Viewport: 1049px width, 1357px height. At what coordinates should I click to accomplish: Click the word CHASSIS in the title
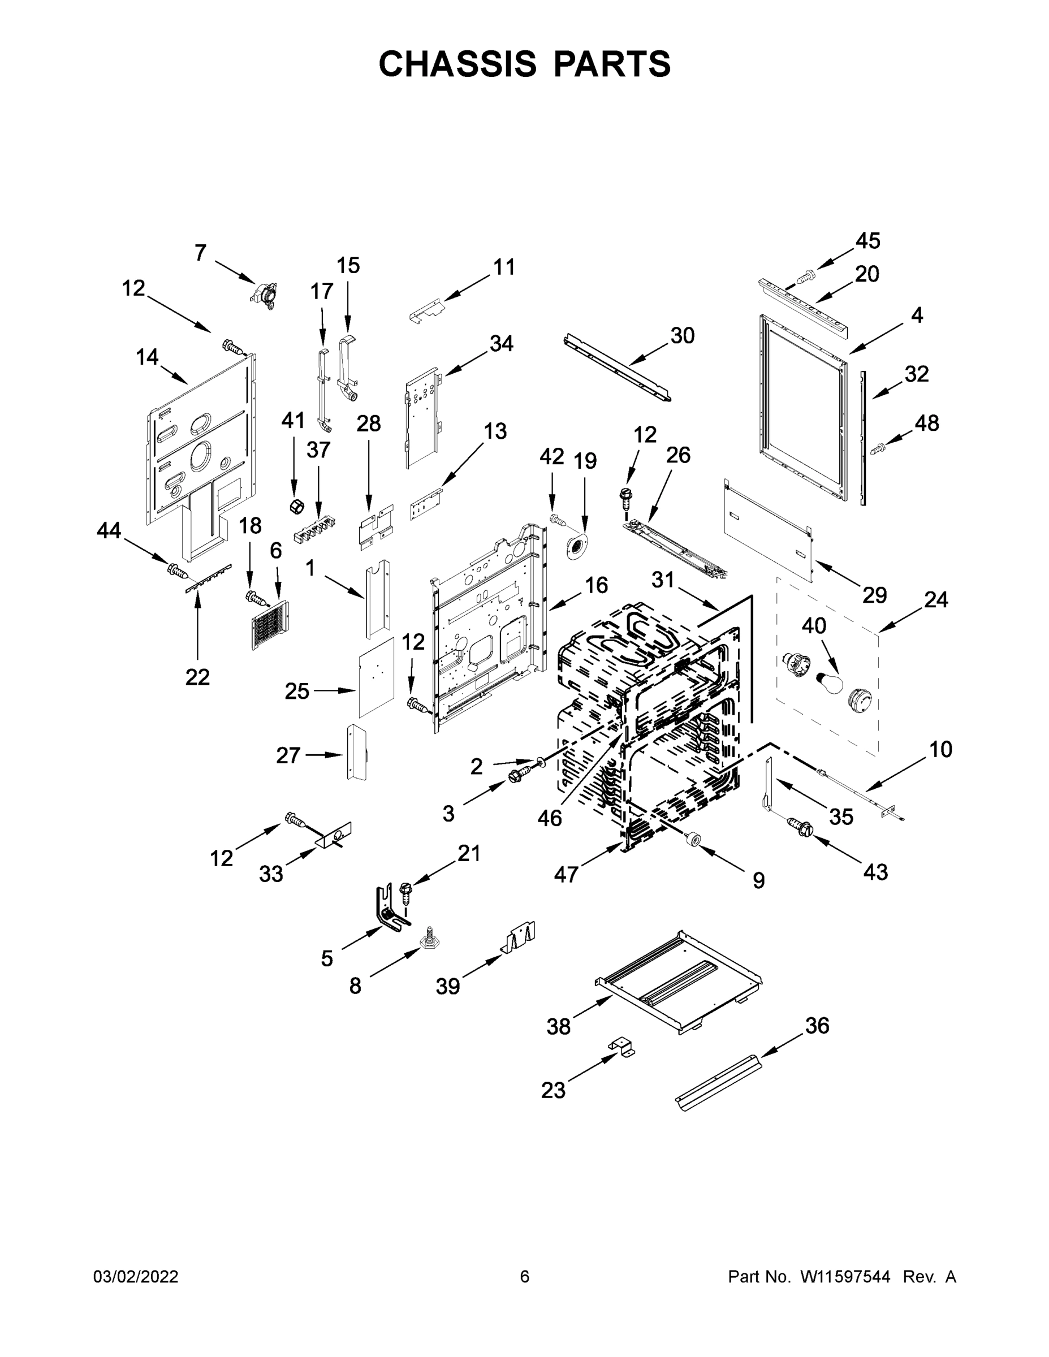(457, 64)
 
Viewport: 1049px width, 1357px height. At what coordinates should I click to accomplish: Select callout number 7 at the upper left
(200, 253)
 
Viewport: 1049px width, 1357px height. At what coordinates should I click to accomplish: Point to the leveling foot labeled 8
(429, 940)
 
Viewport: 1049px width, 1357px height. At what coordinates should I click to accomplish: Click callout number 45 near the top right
(867, 241)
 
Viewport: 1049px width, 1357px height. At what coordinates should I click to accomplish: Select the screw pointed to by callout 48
(878, 447)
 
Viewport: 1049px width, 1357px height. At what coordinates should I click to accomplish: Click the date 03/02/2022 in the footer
(136, 1277)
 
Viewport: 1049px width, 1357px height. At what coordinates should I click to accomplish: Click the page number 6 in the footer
(525, 1277)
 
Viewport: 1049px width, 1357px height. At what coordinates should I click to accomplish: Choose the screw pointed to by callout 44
(176, 569)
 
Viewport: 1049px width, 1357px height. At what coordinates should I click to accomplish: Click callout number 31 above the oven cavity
(663, 580)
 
